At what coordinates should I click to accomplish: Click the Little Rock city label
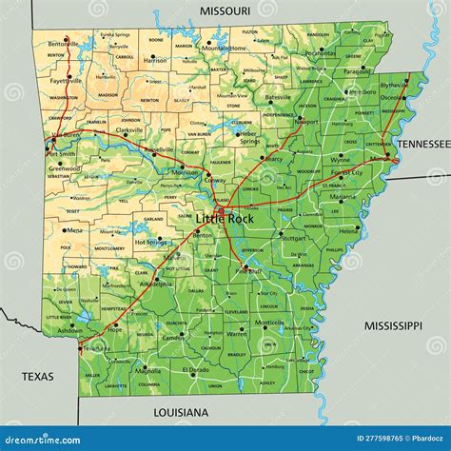pyautogui.click(x=227, y=218)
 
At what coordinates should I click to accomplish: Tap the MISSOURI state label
pyautogui.click(x=225, y=10)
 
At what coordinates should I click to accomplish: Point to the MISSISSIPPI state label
pyautogui.click(x=392, y=325)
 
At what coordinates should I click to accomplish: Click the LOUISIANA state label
pyautogui.click(x=180, y=412)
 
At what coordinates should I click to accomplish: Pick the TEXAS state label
pyautogui.click(x=39, y=377)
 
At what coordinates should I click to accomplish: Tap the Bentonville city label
pyautogui.click(x=64, y=44)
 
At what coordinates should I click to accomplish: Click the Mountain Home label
pyautogui.click(x=229, y=48)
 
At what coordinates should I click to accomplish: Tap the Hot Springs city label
pyautogui.click(x=150, y=242)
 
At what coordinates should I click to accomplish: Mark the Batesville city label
pyautogui.click(x=278, y=97)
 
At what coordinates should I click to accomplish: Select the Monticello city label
pyautogui.click(x=269, y=323)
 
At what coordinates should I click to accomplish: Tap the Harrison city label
pyautogui.click(x=154, y=61)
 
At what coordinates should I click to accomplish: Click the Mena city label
pyautogui.click(x=74, y=230)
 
